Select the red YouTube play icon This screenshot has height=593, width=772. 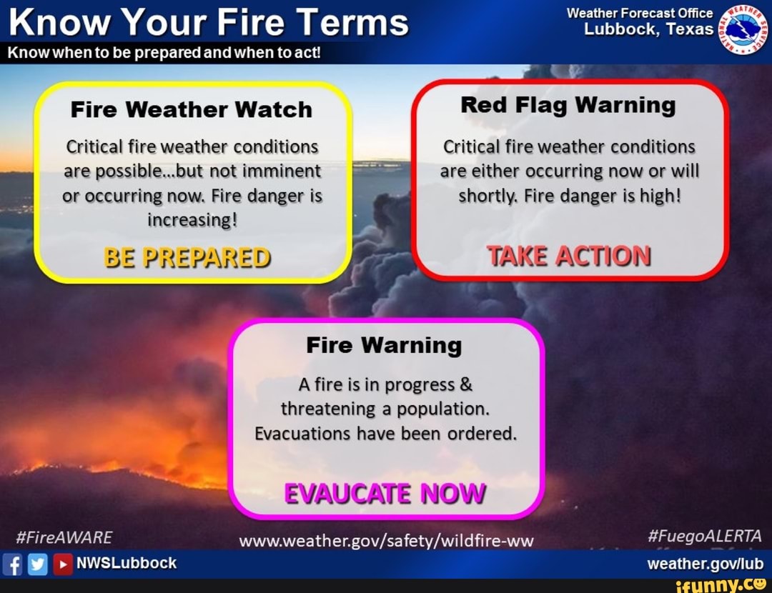[x=63, y=563]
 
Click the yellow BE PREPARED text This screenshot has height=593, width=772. [x=187, y=256]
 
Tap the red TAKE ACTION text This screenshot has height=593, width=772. [x=569, y=256]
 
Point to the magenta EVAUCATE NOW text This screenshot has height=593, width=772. [x=385, y=494]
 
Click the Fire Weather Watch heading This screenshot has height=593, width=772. [x=192, y=109]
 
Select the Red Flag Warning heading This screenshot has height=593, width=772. [x=568, y=105]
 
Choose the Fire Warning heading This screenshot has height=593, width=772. [x=384, y=345]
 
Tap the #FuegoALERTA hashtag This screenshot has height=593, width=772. [x=706, y=537]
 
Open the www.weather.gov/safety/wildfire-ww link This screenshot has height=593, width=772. [x=386, y=541]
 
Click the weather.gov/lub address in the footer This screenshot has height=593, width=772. [x=705, y=564]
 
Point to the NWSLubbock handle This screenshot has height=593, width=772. [x=127, y=563]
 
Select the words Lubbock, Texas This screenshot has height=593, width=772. [x=648, y=29]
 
